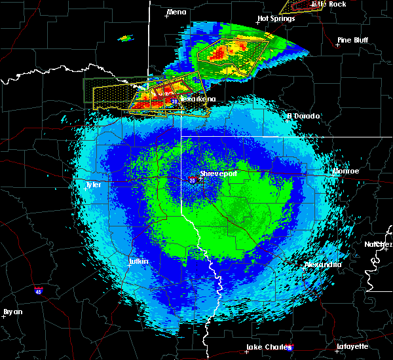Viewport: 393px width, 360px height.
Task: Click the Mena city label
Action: click(x=177, y=12)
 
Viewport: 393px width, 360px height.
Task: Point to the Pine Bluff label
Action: click(x=352, y=40)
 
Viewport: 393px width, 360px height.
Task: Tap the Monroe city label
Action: click(x=345, y=171)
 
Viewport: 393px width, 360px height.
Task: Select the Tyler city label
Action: click(x=94, y=185)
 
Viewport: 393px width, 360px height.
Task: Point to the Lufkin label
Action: click(x=138, y=262)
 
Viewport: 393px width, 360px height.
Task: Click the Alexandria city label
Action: click(x=322, y=265)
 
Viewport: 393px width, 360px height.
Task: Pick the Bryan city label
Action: click(x=12, y=312)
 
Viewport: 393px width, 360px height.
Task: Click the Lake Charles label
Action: click(x=267, y=347)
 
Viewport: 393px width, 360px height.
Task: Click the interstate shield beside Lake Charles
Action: click(x=290, y=348)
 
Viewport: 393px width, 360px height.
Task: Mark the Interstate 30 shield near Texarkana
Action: click(x=174, y=101)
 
